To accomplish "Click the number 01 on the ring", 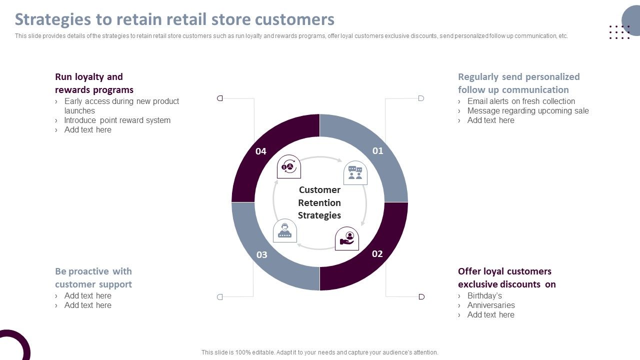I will [377, 150].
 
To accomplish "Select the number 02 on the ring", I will [377, 253].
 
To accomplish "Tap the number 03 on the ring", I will [261, 254].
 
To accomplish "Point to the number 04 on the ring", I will [261, 151].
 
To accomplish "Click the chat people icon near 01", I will [355, 173].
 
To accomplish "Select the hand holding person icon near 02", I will [347, 238].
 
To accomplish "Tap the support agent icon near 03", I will [285, 231].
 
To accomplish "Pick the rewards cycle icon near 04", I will [289, 166].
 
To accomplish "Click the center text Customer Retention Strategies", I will [319, 202].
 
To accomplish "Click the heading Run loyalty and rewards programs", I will [94, 83].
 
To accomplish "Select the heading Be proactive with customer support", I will [93, 277].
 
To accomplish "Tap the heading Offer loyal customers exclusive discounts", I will [506, 277].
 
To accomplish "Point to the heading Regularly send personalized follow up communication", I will [518, 83].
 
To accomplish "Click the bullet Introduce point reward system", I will [117, 120].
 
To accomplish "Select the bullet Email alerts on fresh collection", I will [521, 101].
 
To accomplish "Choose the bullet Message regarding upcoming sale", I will [528, 110].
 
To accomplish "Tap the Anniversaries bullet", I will [491, 305].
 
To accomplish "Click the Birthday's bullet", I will [484, 295].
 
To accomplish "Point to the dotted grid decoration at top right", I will [619, 32].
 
